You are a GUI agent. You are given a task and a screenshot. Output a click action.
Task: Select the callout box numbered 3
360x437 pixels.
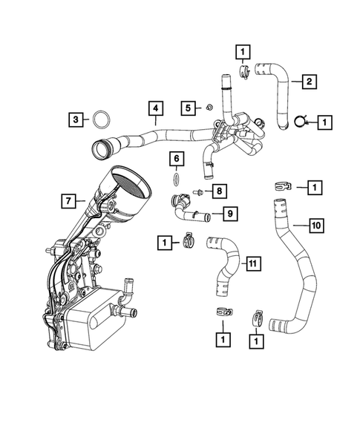point(76,118)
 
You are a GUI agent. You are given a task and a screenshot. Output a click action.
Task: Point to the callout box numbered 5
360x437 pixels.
point(189,108)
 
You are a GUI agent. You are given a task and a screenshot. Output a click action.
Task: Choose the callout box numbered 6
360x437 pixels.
point(175,158)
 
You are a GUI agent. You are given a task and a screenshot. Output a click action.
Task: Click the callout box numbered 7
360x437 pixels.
point(68,200)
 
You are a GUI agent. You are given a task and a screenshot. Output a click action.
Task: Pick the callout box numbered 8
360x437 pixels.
point(220,191)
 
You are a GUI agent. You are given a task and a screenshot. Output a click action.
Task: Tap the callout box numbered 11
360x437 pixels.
point(252,263)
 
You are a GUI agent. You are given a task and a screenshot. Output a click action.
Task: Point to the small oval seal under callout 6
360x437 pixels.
point(175,179)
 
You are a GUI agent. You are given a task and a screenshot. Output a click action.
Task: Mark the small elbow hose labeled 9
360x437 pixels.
point(188,211)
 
